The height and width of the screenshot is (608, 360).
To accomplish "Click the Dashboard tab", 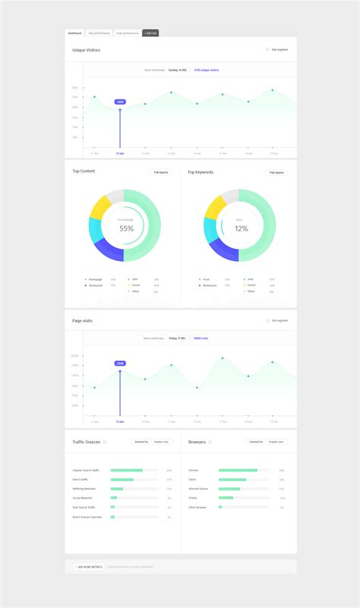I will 74,33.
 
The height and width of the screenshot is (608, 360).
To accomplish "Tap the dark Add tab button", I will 150,33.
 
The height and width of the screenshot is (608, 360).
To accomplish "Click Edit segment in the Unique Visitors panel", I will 279,50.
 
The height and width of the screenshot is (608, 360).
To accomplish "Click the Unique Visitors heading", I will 86,50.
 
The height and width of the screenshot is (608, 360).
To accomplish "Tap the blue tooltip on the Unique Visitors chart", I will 120,102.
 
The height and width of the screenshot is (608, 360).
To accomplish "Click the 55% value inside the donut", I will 126,228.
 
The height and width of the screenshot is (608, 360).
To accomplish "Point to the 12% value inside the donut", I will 241,228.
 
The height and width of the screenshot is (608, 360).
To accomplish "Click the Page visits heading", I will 82,320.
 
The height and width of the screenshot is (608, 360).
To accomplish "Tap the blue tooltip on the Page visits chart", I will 120,364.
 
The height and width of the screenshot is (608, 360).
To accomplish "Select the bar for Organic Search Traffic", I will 126,471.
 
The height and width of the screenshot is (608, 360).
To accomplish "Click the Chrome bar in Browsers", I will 238,471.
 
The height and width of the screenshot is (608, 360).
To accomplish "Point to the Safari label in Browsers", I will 193,480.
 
